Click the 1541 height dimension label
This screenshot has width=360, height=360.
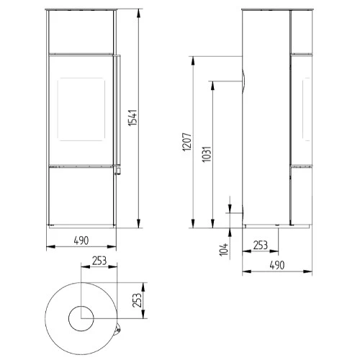click(132, 117)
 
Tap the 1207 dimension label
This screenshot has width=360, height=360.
click(187, 142)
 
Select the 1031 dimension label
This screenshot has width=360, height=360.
click(207, 154)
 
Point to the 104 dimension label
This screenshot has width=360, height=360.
click(224, 250)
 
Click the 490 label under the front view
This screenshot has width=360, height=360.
click(81, 240)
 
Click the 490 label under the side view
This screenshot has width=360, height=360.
click(277, 265)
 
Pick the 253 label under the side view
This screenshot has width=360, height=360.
click(261, 246)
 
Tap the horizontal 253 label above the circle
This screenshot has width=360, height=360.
click(99, 261)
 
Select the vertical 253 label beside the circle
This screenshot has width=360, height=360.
click(137, 300)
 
